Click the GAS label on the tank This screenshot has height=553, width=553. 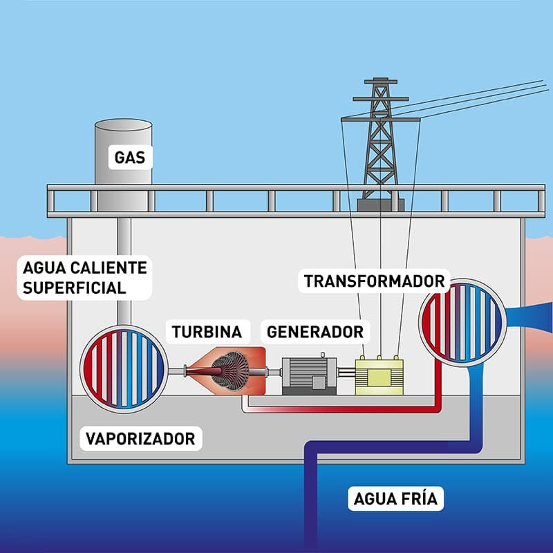130,158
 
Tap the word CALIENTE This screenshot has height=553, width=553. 109,268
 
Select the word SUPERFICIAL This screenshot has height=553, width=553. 75,288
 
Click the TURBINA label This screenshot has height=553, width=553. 207,332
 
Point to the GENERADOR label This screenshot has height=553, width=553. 315,332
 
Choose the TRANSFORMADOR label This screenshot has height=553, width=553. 374,281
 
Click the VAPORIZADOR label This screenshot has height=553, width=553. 140,439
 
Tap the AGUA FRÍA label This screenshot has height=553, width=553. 395,499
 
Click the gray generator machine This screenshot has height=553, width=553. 310,375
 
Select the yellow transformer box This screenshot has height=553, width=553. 379,377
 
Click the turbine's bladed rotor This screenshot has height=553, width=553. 230,371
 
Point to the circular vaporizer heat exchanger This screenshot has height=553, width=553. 124,369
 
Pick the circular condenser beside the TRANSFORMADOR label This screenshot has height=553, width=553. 462,322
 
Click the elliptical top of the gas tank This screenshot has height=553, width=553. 124,125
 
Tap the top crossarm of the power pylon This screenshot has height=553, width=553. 381,82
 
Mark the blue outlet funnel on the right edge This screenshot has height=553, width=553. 529,317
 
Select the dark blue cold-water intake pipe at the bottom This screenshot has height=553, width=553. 310,500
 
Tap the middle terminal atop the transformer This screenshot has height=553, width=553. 379,357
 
